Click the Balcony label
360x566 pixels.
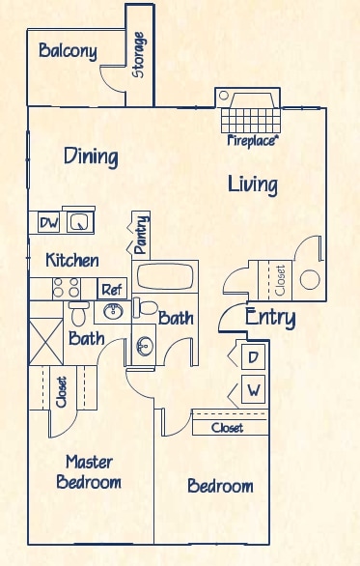[x=68, y=51]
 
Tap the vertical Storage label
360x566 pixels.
[x=139, y=55]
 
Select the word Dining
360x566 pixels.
[x=91, y=156]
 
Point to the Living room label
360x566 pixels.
[x=253, y=184]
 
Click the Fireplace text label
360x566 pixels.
[x=253, y=141]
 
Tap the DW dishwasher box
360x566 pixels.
[x=49, y=223]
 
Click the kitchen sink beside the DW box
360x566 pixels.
[x=78, y=222]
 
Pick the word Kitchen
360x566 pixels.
[x=71, y=260]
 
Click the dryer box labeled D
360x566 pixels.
[x=253, y=357]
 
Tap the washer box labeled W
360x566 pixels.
[x=253, y=392]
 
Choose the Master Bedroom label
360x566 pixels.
[x=88, y=471]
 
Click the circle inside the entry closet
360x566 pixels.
[x=310, y=280]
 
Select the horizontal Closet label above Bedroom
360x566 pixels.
[x=228, y=427]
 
